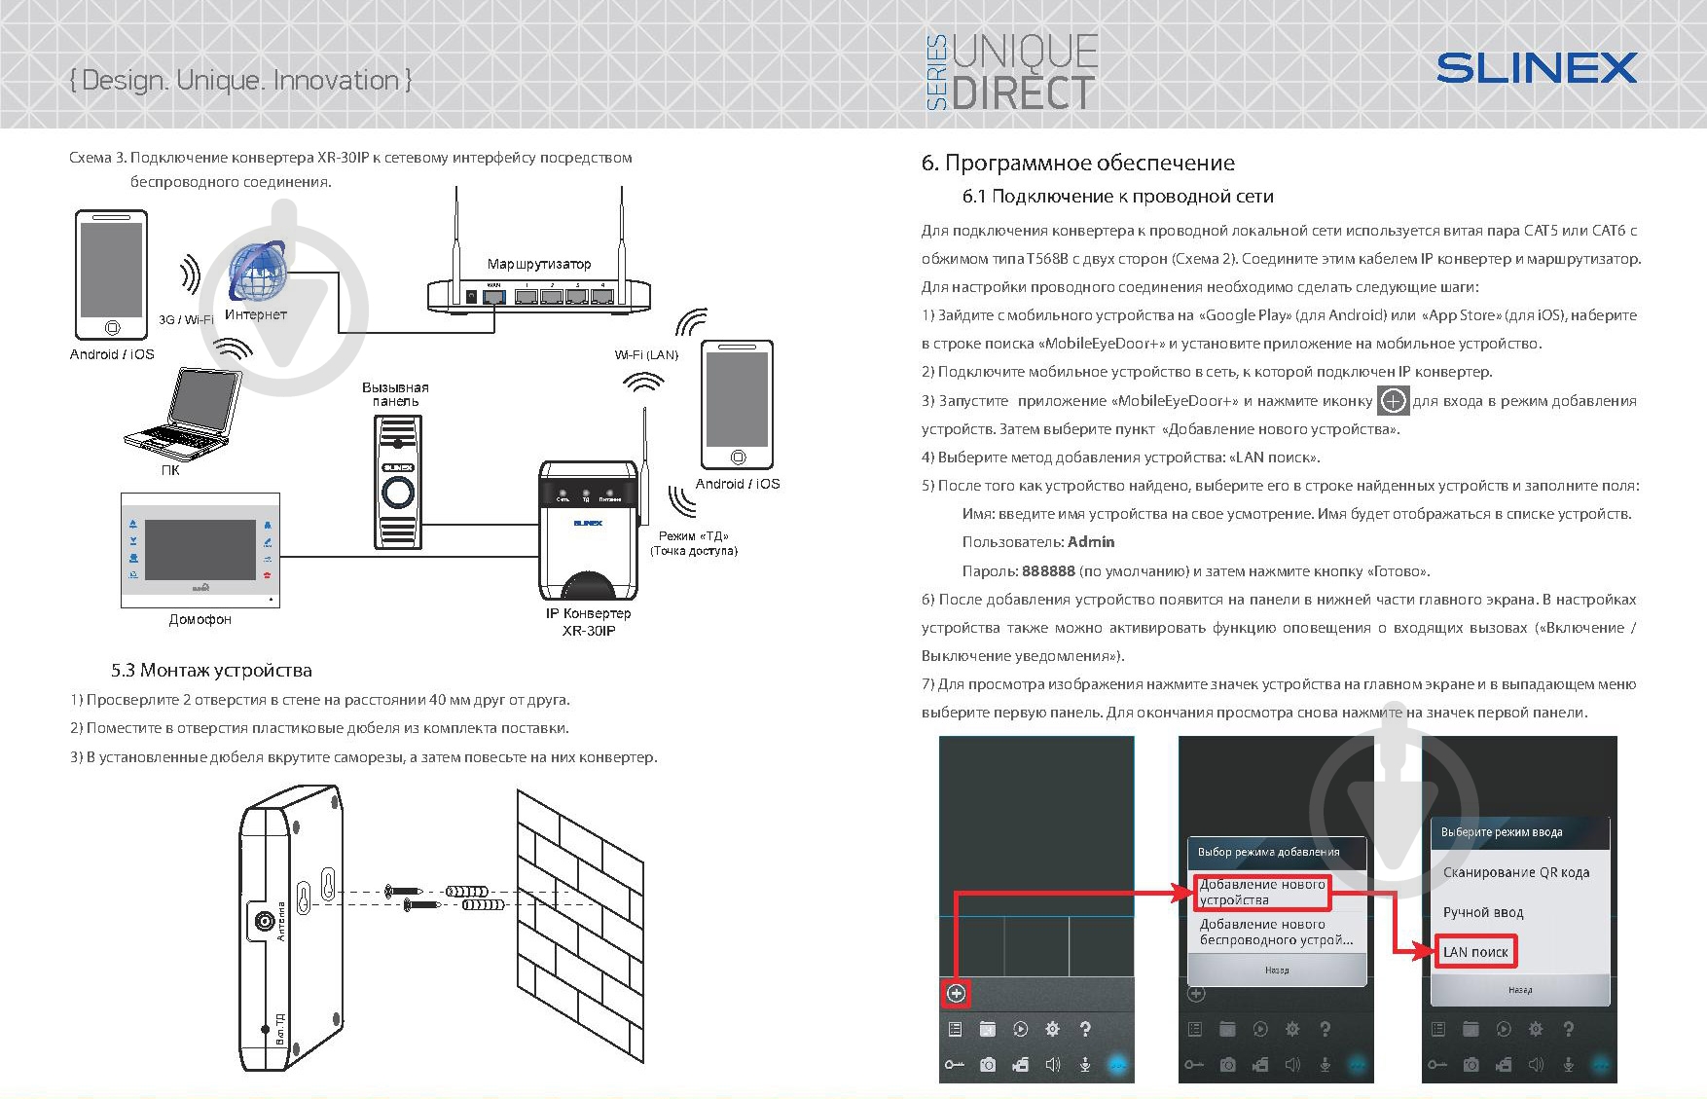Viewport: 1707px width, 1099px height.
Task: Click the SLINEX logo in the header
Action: [x=1536, y=68]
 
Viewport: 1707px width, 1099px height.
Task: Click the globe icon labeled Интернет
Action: [x=256, y=272]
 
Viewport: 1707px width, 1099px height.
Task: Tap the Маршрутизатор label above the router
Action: [x=538, y=264]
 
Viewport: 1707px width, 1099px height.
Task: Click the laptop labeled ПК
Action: [x=185, y=414]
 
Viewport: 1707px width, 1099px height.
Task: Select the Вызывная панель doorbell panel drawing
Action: [x=397, y=482]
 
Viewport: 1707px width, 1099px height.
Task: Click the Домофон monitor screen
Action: [x=200, y=550]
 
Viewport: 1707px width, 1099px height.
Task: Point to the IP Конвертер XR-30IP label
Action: [x=588, y=622]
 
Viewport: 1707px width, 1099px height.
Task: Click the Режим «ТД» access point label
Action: [x=693, y=543]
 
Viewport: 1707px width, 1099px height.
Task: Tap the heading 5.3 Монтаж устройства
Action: [x=211, y=670]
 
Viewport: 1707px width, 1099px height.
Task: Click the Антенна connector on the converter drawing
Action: [x=264, y=922]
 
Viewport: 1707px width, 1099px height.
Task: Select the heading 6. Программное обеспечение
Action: [x=1077, y=163]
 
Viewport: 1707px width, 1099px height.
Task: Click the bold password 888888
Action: [x=1048, y=571]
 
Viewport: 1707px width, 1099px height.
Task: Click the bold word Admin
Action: [x=1091, y=542]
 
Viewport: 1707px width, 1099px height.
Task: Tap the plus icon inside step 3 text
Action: [x=1393, y=401]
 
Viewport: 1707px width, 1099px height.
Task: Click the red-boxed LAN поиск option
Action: [x=1475, y=952]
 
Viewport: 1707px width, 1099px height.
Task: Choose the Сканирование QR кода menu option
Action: [x=1515, y=872]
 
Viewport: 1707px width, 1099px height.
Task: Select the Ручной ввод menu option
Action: [x=1482, y=912]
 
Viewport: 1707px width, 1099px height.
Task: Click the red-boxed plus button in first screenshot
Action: [x=957, y=993]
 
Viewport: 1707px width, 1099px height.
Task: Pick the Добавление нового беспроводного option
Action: [x=1275, y=933]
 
